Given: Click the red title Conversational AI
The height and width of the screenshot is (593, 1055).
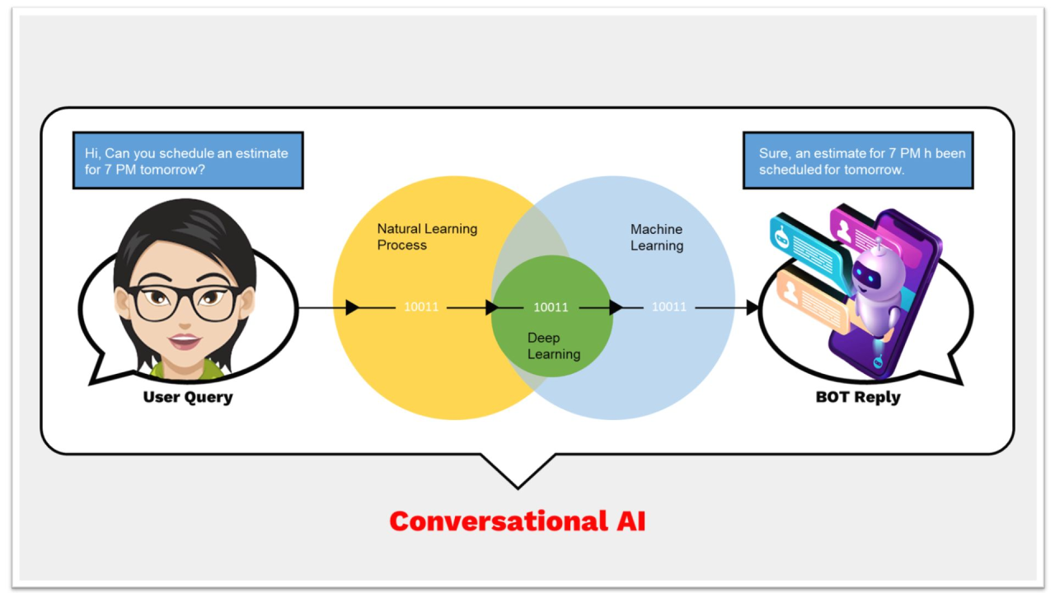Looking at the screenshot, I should point(518,521).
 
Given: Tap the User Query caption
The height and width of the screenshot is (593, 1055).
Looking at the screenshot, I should point(188,397).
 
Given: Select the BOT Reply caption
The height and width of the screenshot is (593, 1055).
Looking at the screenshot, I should point(858,397).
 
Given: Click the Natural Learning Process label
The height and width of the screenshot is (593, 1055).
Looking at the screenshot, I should point(427,236).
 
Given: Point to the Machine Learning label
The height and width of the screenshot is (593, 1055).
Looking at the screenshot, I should point(657,237).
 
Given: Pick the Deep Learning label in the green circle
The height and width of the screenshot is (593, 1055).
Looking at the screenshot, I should point(554,346).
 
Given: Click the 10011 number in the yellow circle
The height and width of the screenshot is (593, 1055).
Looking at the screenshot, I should point(421,307).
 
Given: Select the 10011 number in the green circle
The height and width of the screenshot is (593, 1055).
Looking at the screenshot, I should point(551,307).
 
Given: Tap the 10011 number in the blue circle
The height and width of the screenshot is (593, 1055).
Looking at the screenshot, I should point(669,307).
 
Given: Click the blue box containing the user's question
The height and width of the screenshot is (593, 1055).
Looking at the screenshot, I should point(188,161).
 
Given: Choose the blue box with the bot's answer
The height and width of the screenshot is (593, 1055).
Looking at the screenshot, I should point(858,161).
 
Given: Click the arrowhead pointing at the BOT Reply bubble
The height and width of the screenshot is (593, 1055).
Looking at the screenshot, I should point(752,307).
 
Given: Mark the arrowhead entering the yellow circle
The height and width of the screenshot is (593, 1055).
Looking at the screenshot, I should point(353,307).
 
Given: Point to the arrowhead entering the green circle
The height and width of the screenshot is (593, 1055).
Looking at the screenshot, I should point(492,307).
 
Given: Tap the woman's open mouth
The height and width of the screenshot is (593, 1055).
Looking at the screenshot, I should point(185,340).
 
